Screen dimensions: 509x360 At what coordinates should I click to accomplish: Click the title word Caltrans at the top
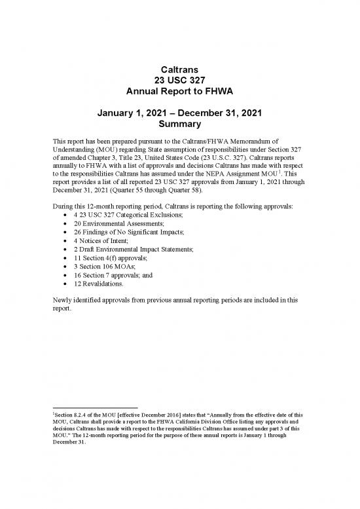click(x=180, y=69)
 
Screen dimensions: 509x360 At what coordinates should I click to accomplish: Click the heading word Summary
click(x=180, y=124)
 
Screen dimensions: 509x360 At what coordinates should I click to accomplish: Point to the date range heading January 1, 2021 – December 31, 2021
click(x=180, y=112)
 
